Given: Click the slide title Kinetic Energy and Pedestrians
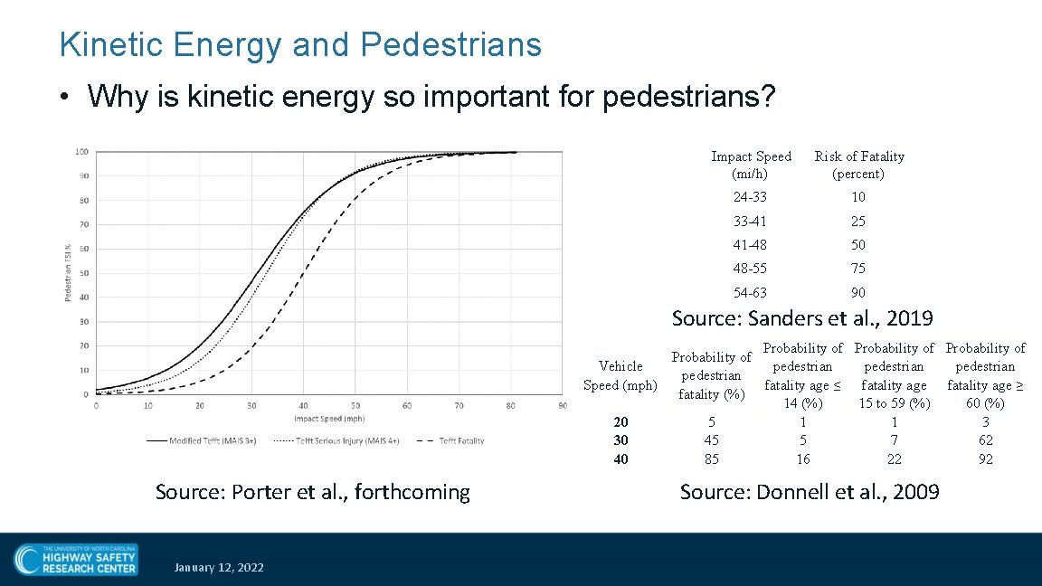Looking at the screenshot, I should (x=299, y=44).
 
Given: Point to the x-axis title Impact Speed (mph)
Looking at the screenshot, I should (x=329, y=419).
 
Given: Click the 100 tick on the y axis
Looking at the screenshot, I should (x=81, y=151).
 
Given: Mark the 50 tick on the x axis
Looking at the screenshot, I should (x=355, y=406).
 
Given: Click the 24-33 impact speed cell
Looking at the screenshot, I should (x=750, y=197).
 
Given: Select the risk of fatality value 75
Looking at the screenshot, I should (x=857, y=269).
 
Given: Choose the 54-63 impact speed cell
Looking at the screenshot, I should (x=750, y=293).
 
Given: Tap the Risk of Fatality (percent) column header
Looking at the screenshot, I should (x=858, y=165).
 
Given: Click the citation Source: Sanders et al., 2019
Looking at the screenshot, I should (x=802, y=318).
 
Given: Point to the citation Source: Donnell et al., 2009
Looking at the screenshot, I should (x=810, y=492).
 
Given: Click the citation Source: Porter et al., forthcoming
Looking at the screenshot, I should (x=313, y=492).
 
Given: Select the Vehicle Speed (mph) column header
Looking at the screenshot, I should (x=620, y=375).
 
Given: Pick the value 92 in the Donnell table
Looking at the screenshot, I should (x=985, y=459).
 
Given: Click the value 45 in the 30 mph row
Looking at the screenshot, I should (x=712, y=440).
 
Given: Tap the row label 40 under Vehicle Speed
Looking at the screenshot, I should (x=620, y=459).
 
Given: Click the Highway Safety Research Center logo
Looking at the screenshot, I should (x=76, y=559).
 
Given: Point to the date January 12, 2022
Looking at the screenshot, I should (x=220, y=567).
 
